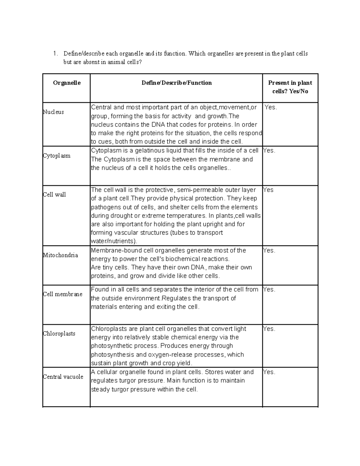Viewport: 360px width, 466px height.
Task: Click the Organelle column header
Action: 67,83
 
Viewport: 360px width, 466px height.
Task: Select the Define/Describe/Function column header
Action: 176,83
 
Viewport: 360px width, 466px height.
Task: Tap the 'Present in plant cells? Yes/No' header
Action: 290,87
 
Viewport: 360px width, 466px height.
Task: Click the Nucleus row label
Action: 53,112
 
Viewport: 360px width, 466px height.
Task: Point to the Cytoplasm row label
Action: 57,156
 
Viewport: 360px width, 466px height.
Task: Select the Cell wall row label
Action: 54,194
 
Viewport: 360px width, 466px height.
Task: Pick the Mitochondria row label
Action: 60,255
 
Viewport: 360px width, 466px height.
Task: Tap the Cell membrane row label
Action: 62,294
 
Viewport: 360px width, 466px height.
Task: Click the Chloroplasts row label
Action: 59,333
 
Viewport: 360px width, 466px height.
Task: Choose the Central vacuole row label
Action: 63,377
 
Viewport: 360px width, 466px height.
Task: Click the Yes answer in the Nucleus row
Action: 271,107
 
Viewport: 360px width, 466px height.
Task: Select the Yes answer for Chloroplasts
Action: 269,329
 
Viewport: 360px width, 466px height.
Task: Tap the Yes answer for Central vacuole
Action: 269,372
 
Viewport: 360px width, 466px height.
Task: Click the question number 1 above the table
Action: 55,54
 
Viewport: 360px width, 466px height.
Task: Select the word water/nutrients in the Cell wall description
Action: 114,241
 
